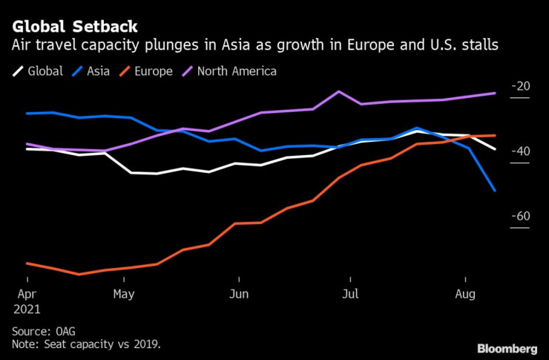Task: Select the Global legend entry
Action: click(x=45, y=71)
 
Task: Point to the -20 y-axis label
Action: click(x=520, y=86)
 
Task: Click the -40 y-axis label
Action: click(x=520, y=151)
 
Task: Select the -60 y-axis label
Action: click(x=520, y=216)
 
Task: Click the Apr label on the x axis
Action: click(x=27, y=293)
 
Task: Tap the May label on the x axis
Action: click(x=124, y=293)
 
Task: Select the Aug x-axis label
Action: click(x=464, y=293)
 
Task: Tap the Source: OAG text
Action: click(x=44, y=331)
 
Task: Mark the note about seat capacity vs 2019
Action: click(x=86, y=345)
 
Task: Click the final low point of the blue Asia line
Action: click(x=495, y=191)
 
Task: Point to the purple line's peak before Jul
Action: click(x=339, y=91)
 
